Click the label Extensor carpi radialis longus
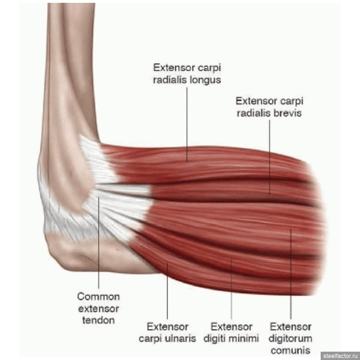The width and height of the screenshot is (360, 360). (187, 74)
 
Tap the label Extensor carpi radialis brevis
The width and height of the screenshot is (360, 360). (269, 107)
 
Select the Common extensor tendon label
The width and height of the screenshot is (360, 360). (98, 308)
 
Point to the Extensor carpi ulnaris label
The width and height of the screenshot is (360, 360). (167, 332)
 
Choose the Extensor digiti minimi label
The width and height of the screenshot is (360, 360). (231, 332)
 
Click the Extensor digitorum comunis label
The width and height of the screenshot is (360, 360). (290, 338)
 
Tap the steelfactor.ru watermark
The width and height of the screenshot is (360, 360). (340, 356)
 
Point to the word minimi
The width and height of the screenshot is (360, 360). (246, 338)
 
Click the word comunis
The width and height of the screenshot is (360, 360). (290, 350)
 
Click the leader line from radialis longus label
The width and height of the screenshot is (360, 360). (187, 125)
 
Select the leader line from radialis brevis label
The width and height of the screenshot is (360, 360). (270, 157)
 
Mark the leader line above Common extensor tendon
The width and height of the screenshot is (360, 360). (99, 242)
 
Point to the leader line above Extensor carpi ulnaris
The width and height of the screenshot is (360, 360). (167, 291)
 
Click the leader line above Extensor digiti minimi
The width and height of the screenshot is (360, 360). (231, 289)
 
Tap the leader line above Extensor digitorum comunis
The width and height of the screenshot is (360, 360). (291, 274)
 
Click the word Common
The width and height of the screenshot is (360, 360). (98, 296)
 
